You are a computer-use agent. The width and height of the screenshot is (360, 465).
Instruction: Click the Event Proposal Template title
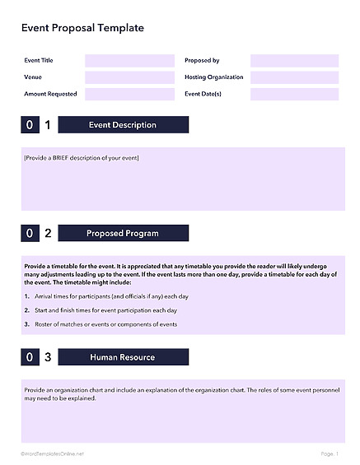click(x=82, y=28)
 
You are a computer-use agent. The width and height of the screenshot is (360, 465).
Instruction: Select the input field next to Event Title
click(x=129, y=61)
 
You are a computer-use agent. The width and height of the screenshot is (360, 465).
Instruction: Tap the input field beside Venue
click(x=129, y=77)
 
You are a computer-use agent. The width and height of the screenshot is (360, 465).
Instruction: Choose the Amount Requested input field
click(x=129, y=94)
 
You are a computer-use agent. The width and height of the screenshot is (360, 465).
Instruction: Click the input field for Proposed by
click(x=294, y=61)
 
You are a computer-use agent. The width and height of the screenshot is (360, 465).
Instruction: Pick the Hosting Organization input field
click(x=294, y=77)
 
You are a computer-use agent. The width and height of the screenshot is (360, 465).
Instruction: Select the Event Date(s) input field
click(x=294, y=94)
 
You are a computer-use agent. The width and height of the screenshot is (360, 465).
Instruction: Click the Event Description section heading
click(x=123, y=125)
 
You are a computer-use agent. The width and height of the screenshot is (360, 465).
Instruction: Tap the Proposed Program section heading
click(x=123, y=234)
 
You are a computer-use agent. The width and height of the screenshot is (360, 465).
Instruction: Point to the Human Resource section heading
click(x=123, y=357)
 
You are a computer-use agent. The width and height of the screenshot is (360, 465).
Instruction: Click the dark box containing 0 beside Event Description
click(x=30, y=125)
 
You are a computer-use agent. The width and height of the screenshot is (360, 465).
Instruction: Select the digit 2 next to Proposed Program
click(x=48, y=234)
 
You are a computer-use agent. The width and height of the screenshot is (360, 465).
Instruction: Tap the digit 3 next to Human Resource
click(x=48, y=357)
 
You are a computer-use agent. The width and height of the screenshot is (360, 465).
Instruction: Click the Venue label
click(x=34, y=77)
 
